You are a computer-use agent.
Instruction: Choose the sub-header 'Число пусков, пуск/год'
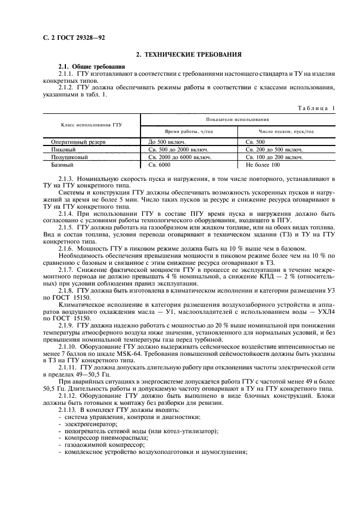tap(286, 131)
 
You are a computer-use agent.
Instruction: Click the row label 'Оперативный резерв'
tap(74, 142)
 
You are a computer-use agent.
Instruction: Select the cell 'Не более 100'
tap(263, 164)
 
